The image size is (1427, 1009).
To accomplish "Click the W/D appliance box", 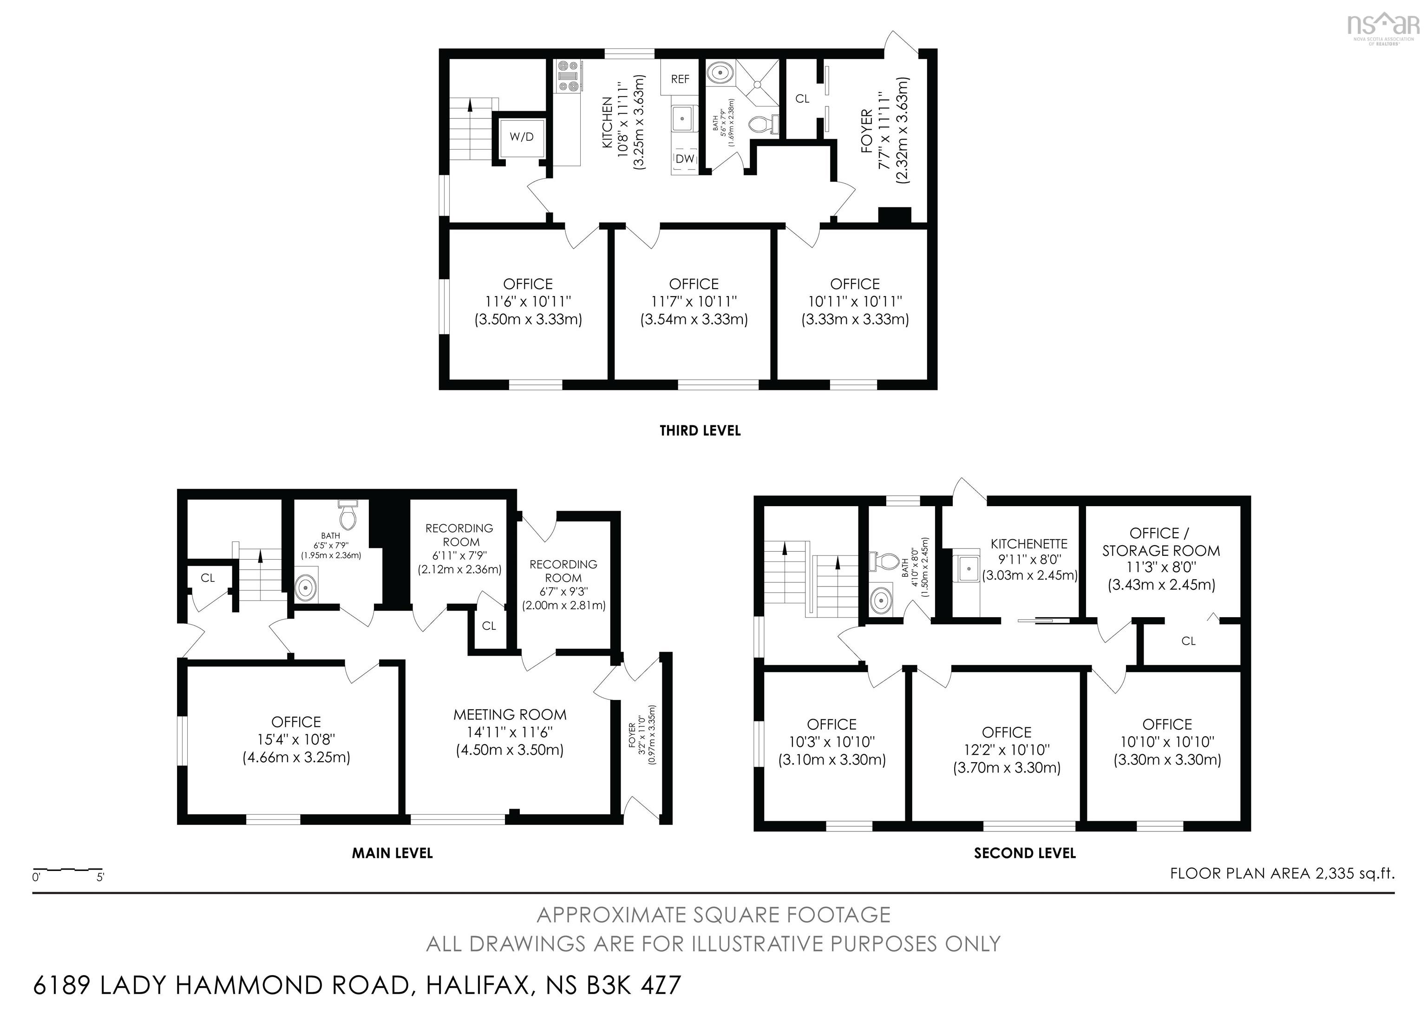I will point(522,137).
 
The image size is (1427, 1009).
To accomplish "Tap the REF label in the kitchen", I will point(680,79).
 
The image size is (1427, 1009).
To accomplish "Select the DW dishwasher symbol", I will point(684,159).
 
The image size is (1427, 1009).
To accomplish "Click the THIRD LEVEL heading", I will point(700,430).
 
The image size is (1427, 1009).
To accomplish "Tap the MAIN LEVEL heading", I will point(392,853).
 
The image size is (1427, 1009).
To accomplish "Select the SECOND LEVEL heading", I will point(1024,853).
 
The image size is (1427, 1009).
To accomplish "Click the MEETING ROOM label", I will point(510,715).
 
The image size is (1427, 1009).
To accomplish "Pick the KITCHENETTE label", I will point(1028,543).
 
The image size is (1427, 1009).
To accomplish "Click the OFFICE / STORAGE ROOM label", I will point(1160,541).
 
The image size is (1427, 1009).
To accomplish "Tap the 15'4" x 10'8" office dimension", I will point(296,740).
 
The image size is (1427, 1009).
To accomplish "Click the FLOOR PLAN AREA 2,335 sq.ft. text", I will point(1282,873).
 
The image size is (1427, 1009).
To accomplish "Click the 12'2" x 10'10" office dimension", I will point(1006,750).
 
